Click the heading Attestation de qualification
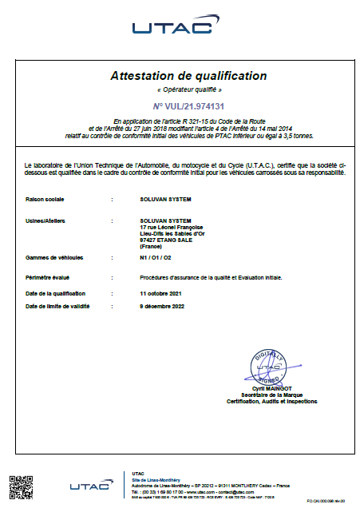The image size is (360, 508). pyautogui.click(x=188, y=76)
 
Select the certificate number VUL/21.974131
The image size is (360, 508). pyautogui.click(x=188, y=105)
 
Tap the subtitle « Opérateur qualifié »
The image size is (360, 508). pyautogui.click(x=188, y=91)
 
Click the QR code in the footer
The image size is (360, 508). pyautogui.click(x=21, y=487)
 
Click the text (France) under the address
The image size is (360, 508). pyautogui.click(x=150, y=246)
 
